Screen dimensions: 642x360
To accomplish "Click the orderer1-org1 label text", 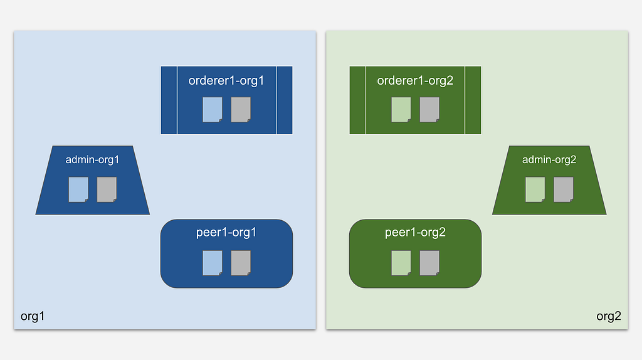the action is coord(226,81).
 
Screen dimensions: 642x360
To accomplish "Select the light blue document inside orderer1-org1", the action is coord(213,109).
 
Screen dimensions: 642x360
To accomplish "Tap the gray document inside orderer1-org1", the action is coord(241,109).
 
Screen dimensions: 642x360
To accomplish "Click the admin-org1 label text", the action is coord(92,159).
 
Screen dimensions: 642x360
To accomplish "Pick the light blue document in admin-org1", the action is coord(78,189).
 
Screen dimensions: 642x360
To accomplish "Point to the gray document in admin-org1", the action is coord(107,189).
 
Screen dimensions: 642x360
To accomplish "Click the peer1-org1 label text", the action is coord(226,232).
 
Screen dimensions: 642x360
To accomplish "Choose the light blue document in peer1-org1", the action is coord(213,263).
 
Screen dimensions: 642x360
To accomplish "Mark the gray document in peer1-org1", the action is coord(241,263).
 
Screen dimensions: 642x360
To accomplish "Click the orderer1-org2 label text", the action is coord(415,81).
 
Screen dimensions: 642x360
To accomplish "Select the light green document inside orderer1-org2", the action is coord(401,109).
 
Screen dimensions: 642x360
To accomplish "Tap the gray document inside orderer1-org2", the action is coord(429,109).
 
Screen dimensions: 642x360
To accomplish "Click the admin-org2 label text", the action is coord(549,159).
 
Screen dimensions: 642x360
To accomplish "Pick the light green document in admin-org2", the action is coord(535,189).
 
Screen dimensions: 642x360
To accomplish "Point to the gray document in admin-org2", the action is coord(564,189).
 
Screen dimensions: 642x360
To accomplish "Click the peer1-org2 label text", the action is coord(415,232).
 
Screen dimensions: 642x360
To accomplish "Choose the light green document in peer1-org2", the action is coord(401,263).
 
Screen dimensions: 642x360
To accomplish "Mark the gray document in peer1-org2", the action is coord(429,263).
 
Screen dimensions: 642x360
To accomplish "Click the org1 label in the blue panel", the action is coord(33,316).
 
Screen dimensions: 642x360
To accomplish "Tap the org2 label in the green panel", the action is coord(609,316).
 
